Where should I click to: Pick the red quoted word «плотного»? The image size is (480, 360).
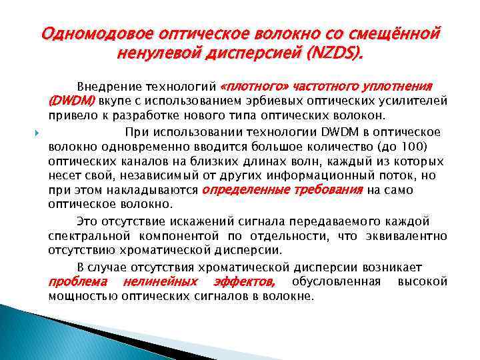[x=253, y=87]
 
